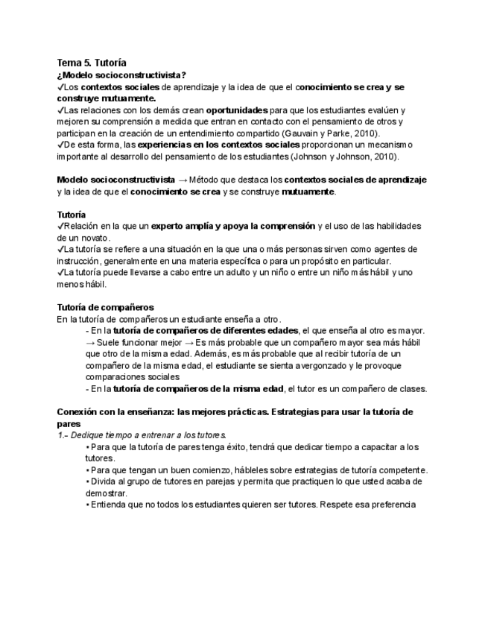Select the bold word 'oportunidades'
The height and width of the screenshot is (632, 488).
pyautogui.click(x=237, y=110)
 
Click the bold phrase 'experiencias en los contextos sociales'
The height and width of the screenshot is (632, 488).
pyautogui.click(x=219, y=145)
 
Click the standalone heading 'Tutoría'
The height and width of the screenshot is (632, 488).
pyautogui.click(x=72, y=214)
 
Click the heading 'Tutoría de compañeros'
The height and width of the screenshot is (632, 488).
pyautogui.click(x=105, y=306)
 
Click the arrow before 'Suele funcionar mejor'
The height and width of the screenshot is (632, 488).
pyautogui.click(x=90, y=342)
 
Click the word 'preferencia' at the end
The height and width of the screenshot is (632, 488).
pyautogui.click(x=391, y=505)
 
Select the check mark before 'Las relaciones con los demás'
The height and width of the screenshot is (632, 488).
pyautogui.click(x=60, y=110)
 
